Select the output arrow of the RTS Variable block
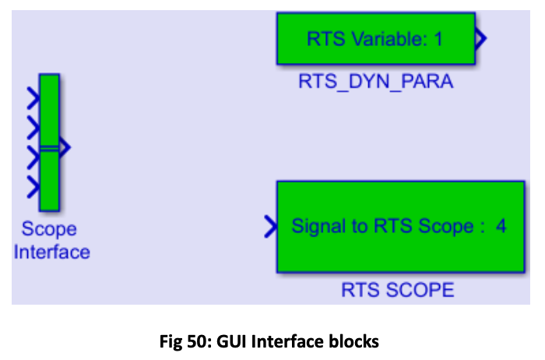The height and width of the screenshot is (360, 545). click(x=480, y=38)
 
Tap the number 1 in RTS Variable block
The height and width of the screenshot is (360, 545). click(x=438, y=39)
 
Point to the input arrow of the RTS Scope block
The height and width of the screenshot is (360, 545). click(x=271, y=227)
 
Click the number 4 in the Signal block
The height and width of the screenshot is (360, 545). click(x=501, y=226)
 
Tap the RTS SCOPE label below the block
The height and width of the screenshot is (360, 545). click(x=398, y=290)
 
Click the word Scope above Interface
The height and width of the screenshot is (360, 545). click(x=49, y=230)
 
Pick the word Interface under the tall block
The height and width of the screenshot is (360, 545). click(x=52, y=252)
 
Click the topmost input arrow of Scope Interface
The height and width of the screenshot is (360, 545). click(x=33, y=98)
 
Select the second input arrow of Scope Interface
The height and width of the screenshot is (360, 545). click(x=33, y=128)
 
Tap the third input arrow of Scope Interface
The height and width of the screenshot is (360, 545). click(x=33, y=157)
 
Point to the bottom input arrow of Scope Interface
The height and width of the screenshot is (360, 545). click(x=33, y=187)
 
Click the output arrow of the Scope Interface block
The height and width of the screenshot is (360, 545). click(x=65, y=147)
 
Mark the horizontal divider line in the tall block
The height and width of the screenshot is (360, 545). click(x=49, y=149)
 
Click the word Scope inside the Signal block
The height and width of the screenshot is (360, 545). click(x=446, y=227)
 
